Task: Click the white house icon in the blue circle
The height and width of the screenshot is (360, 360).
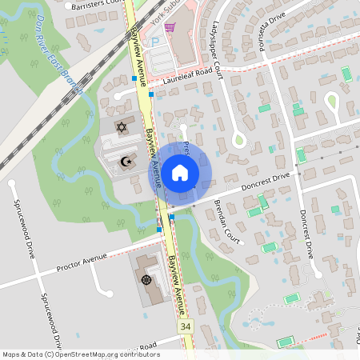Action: pos(180,171)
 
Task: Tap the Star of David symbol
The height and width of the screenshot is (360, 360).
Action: pos(122,127)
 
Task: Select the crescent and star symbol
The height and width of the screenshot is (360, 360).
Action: pos(125,162)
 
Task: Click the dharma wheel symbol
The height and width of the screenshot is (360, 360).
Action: pos(146,279)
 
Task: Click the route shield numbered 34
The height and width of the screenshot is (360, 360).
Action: pos(186,326)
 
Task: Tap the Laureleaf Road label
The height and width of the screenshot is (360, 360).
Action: pos(189,73)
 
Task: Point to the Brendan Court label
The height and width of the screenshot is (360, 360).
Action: pos(226,214)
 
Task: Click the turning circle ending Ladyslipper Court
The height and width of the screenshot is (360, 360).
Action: pos(238,141)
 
